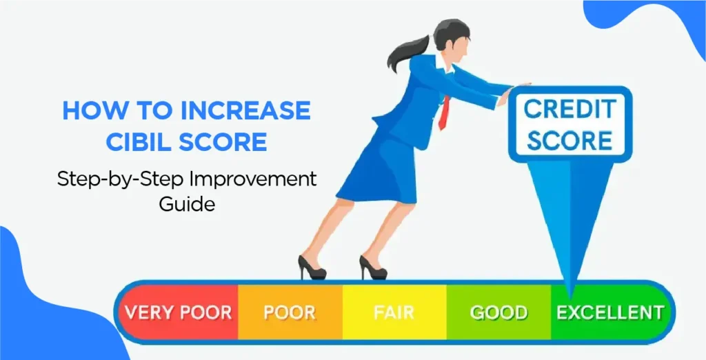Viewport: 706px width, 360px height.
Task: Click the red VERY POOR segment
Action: point(179,312)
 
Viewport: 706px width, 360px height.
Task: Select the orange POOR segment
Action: point(290,312)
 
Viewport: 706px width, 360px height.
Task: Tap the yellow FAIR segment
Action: point(394,312)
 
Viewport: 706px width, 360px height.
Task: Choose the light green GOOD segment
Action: point(498,312)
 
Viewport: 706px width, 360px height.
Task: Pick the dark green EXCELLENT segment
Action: point(610,312)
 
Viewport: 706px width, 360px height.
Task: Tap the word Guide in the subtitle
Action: point(187,204)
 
